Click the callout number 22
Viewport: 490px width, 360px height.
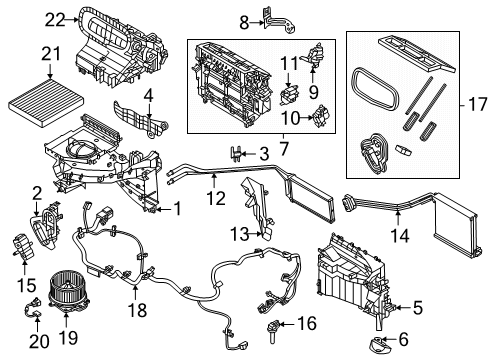click(x=27, y=17)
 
